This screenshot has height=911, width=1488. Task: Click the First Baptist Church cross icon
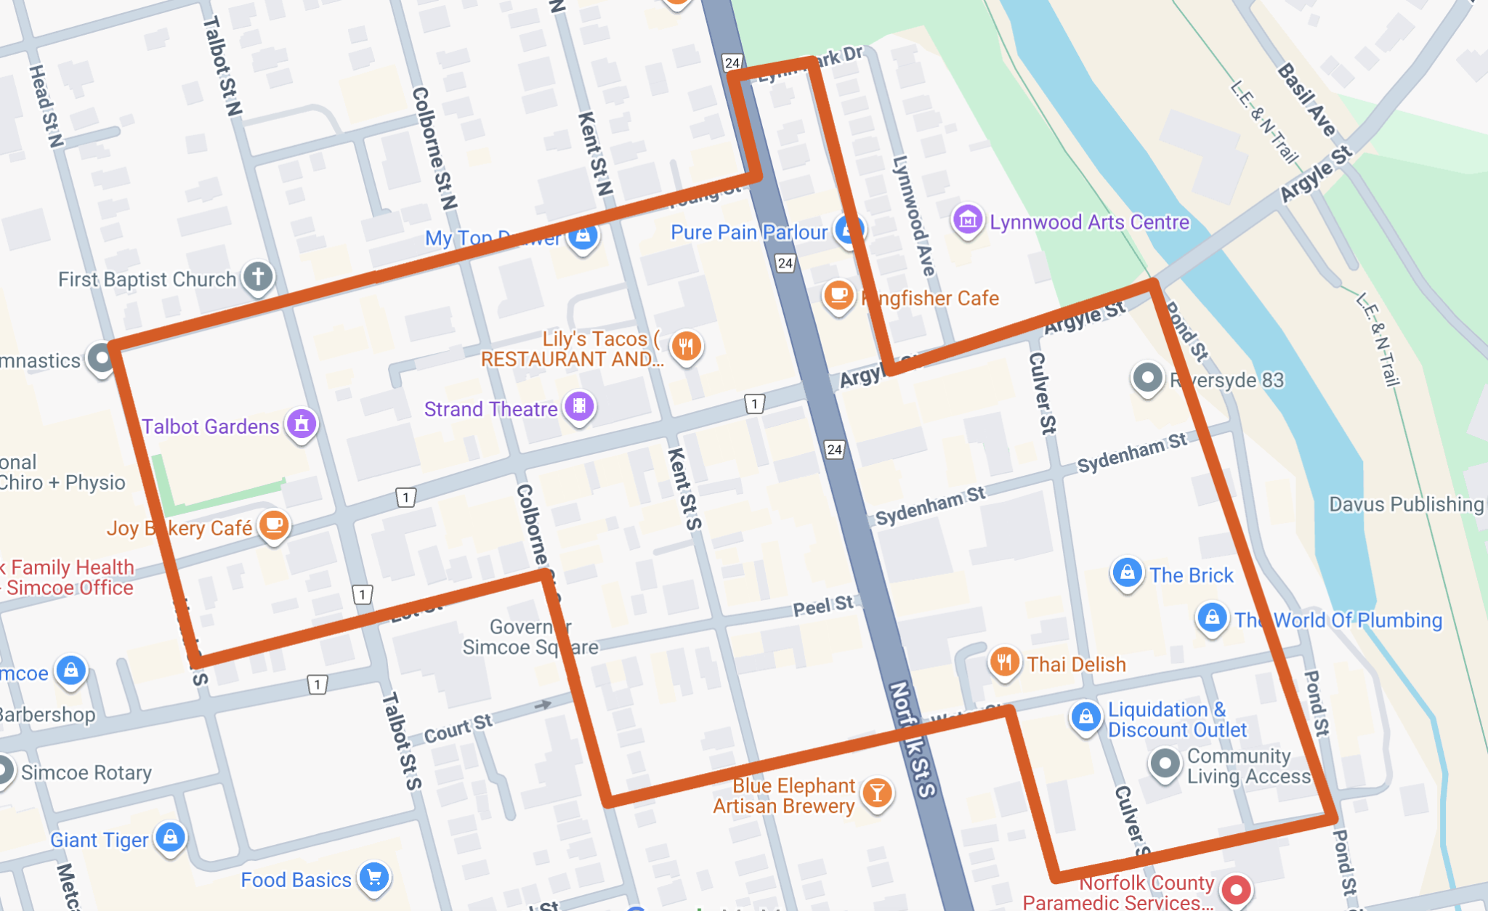[x=258, y=277]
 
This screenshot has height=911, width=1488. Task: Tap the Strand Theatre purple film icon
[x=579, y=406]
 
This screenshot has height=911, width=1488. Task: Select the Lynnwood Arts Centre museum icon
[x=967, y=219]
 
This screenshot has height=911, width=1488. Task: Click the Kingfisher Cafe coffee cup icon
[x=838, y=296]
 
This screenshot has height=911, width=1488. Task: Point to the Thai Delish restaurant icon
[x=1004, y=662]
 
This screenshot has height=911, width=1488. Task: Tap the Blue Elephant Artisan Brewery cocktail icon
[x=877, y=793]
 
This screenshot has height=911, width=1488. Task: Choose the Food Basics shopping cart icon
[x=374, y=878]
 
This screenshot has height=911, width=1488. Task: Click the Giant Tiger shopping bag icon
[x=171, y=838]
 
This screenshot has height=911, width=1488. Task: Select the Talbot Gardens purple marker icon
[x=302, y=424]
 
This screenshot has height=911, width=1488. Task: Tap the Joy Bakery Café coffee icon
[x=274, y=525]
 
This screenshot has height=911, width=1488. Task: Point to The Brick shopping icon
[x=1127, y=573]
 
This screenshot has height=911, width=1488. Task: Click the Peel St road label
[x=822, y=606]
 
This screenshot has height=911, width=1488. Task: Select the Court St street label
[x=458, y=729]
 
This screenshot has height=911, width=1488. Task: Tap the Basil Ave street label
[x=1306, y=100]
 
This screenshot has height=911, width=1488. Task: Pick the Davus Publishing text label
[x=1406, y=504]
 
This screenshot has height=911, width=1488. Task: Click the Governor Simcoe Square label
[x=530, y=637]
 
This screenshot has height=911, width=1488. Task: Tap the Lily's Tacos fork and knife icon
[x=686, y=346]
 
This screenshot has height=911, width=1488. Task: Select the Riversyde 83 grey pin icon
[x=1148, y=378]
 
